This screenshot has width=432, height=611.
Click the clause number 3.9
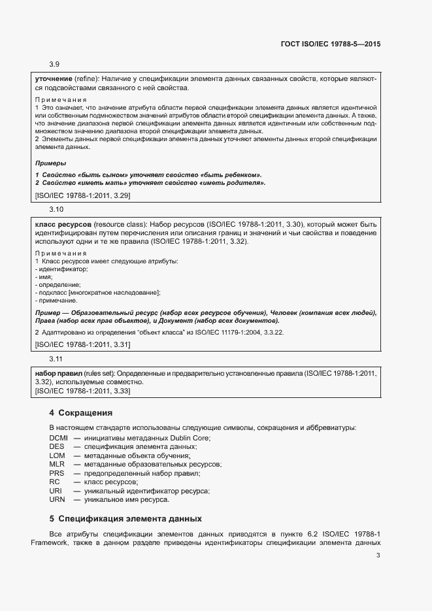[x=54, y=64]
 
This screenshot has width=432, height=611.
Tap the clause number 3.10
[x=56, y=209]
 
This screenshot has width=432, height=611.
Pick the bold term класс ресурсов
[x=63, y=223]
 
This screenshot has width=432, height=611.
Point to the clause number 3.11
[x=56, y=359]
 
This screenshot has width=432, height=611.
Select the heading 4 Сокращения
[x=80, y=413]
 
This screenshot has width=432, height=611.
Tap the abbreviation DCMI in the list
[x=59, y=437]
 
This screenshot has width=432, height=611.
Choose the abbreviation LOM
[x=58, y=455]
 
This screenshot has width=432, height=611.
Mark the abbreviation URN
[x=57, y=500]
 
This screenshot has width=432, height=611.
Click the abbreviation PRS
[x=57, y=473]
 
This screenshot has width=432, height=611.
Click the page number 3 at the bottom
[x=378, y=555]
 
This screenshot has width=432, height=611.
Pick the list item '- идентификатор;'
[x=61, y=269]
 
